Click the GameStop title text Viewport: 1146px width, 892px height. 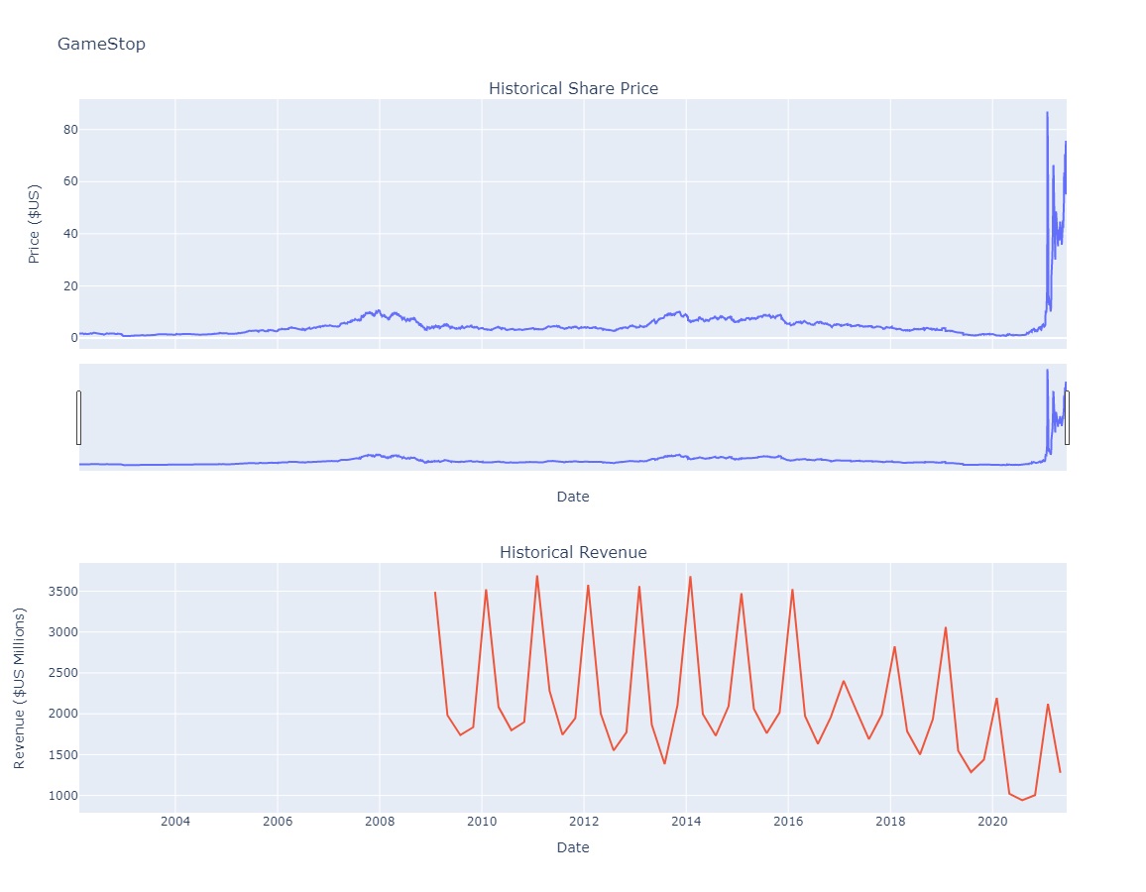[101, 44]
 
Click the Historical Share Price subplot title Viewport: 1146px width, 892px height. [573, 89]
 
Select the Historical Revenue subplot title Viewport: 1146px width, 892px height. [573, 552]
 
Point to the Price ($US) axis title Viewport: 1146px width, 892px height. [35, 223]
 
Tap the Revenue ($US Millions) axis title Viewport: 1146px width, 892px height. [20, 688]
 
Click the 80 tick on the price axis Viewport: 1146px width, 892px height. [57, 130]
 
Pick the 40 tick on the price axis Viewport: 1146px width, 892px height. [57, 234]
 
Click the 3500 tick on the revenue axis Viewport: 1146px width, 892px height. [51, 592]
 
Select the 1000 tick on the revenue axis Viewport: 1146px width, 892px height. [51, 796]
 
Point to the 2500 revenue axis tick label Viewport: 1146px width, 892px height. [51, 673]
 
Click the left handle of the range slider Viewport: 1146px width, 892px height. [78, 417]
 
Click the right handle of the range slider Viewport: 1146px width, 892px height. [1067, 417]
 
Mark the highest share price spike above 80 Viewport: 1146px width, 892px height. [1047, 112]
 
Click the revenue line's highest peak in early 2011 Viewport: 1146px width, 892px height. [536, 576]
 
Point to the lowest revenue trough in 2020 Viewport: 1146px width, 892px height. [1022, 800]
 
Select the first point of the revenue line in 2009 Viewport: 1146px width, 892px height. [435, 593]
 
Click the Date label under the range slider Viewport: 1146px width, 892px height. [573, 497]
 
